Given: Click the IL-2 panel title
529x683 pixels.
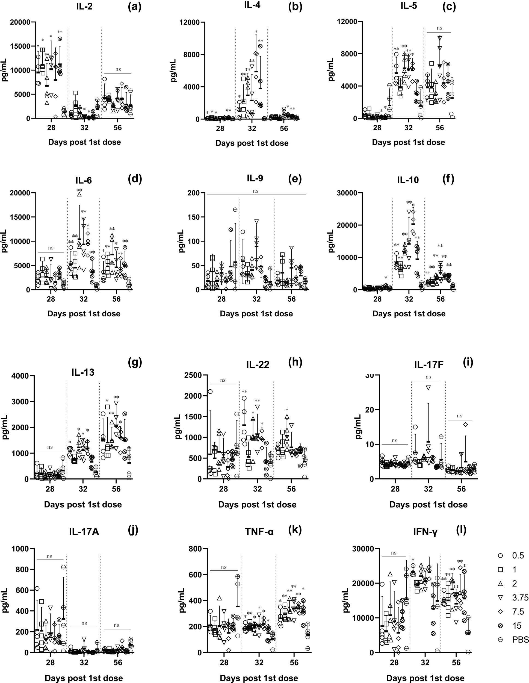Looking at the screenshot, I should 84,7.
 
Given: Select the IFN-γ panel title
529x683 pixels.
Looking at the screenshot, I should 425,531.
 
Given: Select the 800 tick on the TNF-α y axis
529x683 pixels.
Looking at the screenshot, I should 194,549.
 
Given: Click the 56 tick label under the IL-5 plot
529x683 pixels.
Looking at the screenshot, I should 440,128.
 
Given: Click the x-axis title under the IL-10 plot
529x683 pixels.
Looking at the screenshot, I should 409,314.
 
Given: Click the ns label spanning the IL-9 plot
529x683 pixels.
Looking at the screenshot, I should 256,191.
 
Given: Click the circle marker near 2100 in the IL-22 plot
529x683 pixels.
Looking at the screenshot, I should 210,391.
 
